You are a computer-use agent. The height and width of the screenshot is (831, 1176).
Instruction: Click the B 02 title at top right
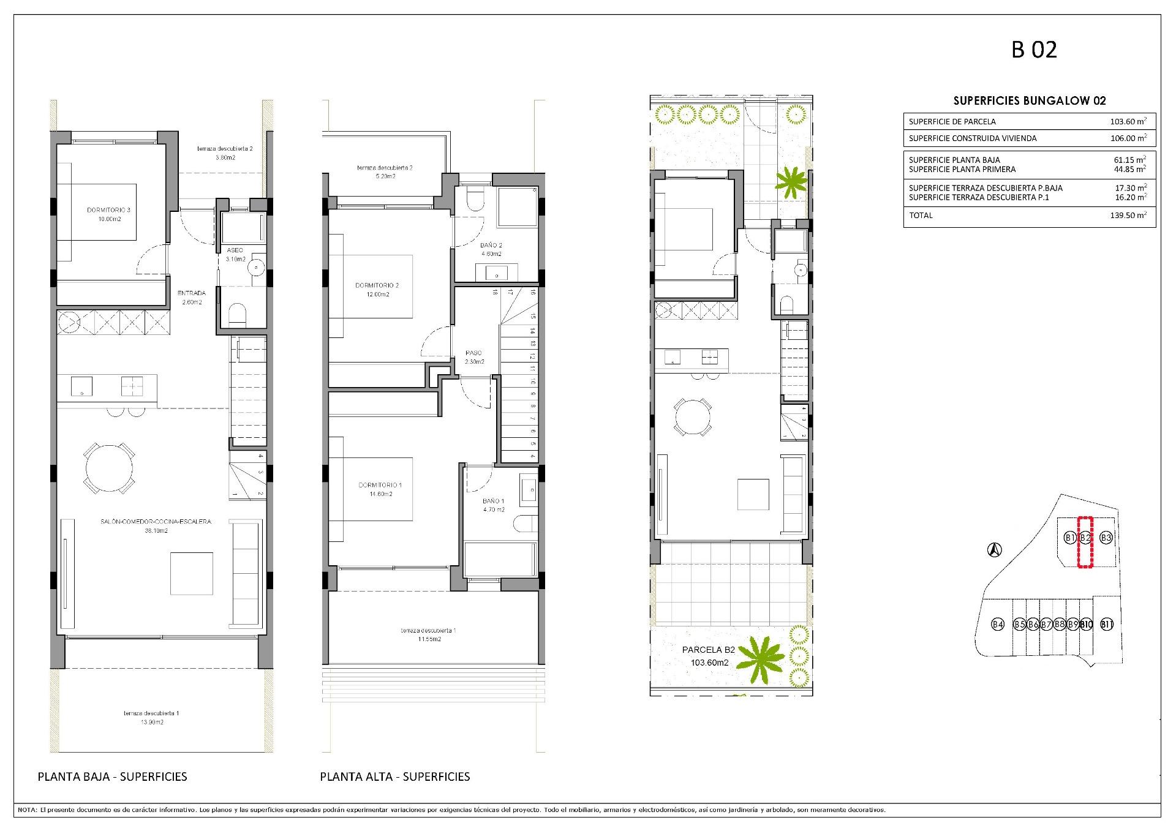click(x=1034, y=50)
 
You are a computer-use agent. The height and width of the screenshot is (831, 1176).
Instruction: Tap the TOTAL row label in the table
click(x=921, y=216)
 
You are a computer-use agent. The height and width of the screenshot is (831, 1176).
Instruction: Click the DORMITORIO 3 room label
click(x=108, y=210)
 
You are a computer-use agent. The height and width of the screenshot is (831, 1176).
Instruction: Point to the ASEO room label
click(x=235, y=250)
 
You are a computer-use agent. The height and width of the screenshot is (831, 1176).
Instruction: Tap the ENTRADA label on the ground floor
click(x=192, y=293)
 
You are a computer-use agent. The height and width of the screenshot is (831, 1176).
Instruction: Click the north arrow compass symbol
click(x=995, y=551)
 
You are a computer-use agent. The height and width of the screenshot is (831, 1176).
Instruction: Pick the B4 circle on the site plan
click(x=998, y=625)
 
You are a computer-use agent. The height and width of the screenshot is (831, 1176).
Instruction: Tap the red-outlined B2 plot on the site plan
click(x=1085, y=543)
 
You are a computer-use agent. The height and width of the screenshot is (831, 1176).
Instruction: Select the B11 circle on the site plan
click(x=1107, y=625)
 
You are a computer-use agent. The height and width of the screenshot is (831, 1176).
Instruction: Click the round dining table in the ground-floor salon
click(x=109, y=468)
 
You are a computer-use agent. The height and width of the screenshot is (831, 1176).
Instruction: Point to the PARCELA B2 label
click(x=709, y=650)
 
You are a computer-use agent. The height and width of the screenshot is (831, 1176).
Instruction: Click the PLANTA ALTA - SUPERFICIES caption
click(x=395, y=776)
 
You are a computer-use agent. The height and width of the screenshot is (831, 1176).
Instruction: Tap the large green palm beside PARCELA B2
click(x=760, y=660)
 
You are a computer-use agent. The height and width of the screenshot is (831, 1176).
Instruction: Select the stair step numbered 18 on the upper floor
click(x=494, y=293)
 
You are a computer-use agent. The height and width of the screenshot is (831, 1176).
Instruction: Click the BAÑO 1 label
click(x=493, y=501)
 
